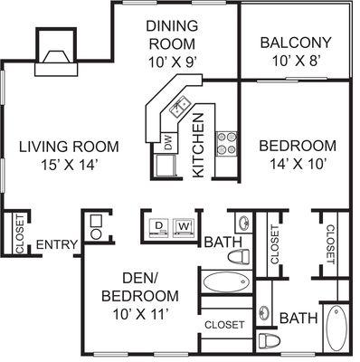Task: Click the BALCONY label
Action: point(296,43)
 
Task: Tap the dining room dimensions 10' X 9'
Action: point(173,62)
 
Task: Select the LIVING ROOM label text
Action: point(69,147)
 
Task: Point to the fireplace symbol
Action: point(56,52)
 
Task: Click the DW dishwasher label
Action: point(168,142)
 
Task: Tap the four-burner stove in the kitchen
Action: point(226,143)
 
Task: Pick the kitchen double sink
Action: point(180,107)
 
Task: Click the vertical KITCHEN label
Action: point(198,145)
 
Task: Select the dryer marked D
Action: point(158,227)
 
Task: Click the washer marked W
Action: point(184,227)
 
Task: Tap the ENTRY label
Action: point(57,244)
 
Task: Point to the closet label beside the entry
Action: point(20,234)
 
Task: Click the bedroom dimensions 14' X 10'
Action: point(298,165)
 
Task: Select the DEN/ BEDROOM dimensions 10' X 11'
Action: point(140,315)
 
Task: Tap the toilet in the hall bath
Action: point(239,257)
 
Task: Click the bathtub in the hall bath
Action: point(226,281)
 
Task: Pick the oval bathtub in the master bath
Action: point(336,329)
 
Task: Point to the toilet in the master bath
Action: point(270,340)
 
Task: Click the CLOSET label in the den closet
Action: point(224,325)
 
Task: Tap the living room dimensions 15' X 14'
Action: point(70,165)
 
